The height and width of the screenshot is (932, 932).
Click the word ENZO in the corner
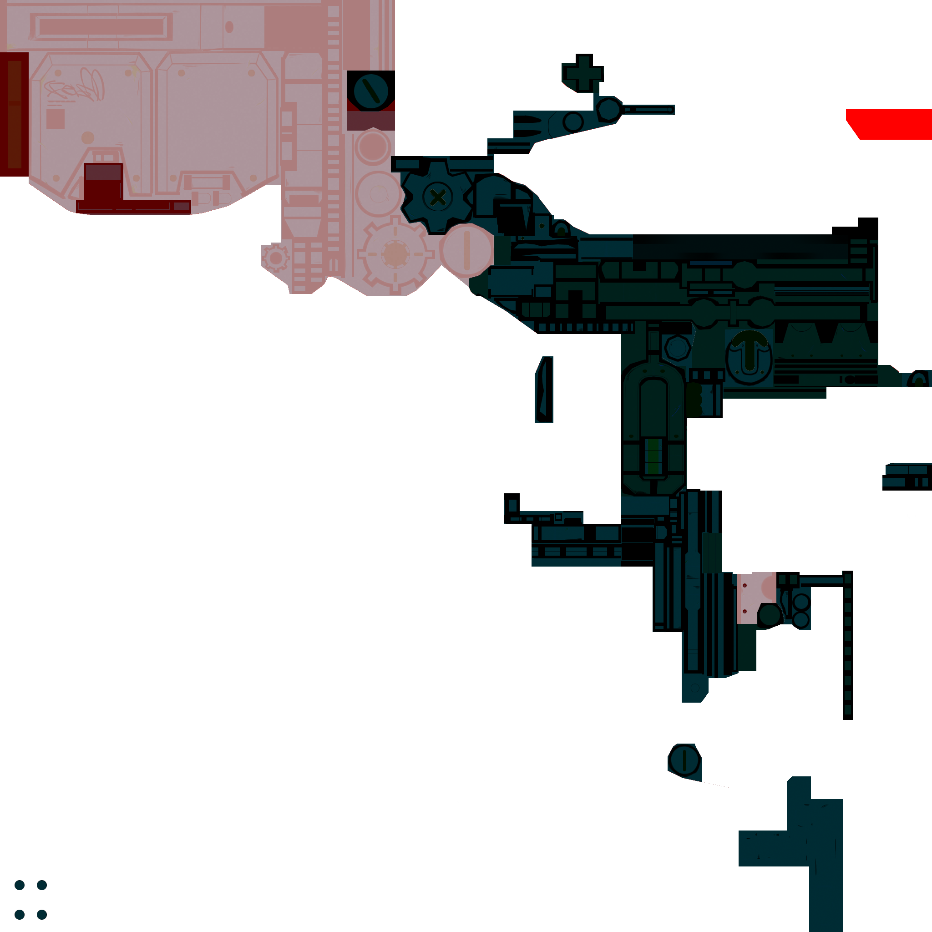[30, 900]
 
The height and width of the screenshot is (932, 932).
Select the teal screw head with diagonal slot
[370, 91]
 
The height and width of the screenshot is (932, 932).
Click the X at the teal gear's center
[437, 197]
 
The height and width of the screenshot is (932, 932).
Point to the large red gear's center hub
[395, 254]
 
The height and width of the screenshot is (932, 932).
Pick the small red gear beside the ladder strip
[275, 258]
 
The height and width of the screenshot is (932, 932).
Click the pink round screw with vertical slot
[466, 250]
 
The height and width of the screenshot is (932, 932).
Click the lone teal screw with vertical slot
[684, 760]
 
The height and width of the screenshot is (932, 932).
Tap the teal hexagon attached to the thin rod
[608, 110]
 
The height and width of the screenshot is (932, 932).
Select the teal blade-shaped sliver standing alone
[545, 390]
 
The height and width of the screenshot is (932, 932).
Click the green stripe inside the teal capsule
[653, 456]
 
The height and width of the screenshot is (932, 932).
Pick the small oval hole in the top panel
[229, 27]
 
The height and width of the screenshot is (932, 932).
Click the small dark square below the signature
[55, 119]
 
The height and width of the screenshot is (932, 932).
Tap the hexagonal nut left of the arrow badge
[678, 347]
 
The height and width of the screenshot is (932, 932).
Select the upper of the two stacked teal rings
[801, 603]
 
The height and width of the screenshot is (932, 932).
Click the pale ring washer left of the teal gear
[379, 194]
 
